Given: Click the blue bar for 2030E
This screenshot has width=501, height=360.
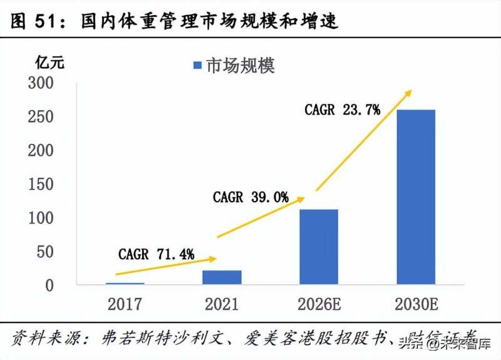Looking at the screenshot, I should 416,197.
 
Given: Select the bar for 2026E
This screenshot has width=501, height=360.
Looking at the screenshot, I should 319,247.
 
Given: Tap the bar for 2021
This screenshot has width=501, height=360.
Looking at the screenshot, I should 222,277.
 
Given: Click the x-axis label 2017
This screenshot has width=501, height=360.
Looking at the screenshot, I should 125,304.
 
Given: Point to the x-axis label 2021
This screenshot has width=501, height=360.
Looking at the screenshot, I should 222,304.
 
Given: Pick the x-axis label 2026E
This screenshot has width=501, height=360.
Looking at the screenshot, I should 319,304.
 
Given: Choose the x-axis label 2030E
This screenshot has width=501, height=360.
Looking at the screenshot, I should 416,304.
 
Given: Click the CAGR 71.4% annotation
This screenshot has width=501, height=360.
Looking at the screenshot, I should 156,254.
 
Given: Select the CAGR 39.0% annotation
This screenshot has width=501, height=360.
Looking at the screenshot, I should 250,197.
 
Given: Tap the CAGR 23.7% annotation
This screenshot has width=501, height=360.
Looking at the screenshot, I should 343,110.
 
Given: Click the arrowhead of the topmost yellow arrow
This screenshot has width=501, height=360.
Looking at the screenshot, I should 408,93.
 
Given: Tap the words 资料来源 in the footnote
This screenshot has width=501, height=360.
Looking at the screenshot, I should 41,339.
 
